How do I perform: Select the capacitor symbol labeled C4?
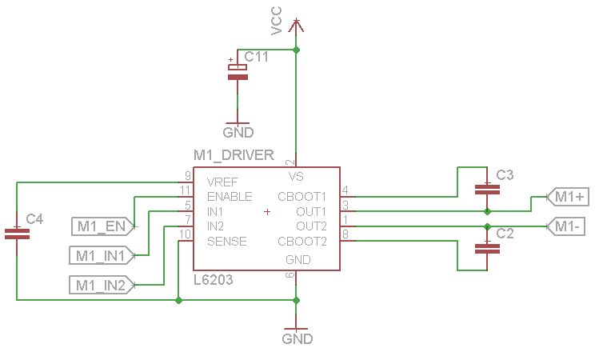pyautogui.click(x=16, y=234)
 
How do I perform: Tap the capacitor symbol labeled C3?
pyautogui.click(x=487, y=190)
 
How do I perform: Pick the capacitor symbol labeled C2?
pyautogui.click(x=487, y=248)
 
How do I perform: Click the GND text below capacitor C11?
pyautogui.click(x=238, y=133)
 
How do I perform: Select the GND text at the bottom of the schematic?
pyautogui.click(x=297, y=338)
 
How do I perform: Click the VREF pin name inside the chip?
pyautogui.click(x=222, y=181)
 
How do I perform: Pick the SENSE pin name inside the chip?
pyautogui.click(x=226, y=242)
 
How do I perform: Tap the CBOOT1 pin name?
pyautogui.click(x=302, y=196)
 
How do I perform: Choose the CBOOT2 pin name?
pyautogui.click(x=302, y=242)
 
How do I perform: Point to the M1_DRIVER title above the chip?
pyautogui.click(x=234, y=154)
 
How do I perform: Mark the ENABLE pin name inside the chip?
pyautogui.click(x=230, y=196)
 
